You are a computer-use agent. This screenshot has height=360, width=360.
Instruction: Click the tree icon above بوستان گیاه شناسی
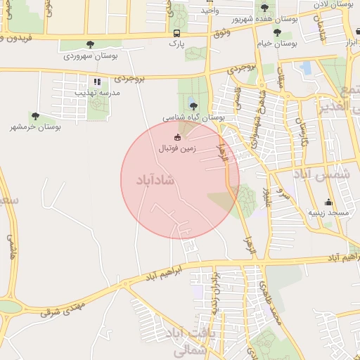click(193, 105)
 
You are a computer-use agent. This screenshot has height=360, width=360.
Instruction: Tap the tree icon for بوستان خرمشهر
click(35, 116)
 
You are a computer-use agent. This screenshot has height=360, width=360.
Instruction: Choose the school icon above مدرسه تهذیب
click(97, 82)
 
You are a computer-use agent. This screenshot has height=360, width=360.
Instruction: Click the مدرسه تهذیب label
click(102, 93)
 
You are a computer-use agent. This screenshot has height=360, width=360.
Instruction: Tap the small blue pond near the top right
click(305, 68)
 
